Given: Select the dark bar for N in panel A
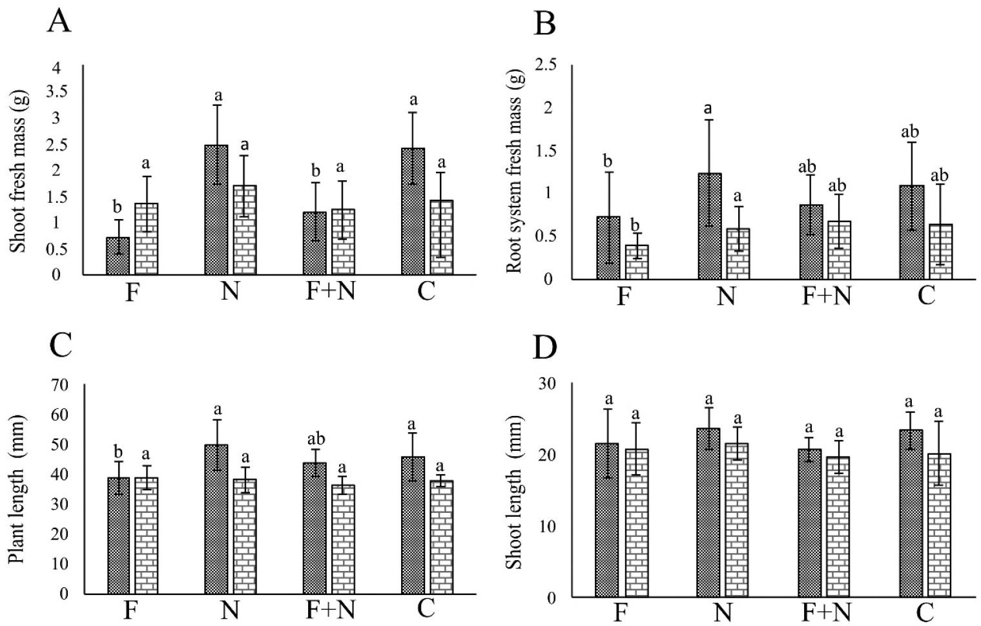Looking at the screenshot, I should [x=216, y=210].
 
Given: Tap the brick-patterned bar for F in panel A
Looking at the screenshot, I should [x=146, y=239].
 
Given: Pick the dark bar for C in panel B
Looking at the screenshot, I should [x=911, y=232].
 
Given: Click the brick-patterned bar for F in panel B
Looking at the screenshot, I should [x=636, y=262].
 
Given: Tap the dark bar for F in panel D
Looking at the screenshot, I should [x=607, y=519].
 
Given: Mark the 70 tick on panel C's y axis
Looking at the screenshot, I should [x=58, y=386].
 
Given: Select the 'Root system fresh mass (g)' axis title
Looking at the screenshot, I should [x=515, y=171].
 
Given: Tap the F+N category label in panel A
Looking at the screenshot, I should [x=330, y=292].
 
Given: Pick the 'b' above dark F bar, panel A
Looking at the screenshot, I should [x=118, y=207].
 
